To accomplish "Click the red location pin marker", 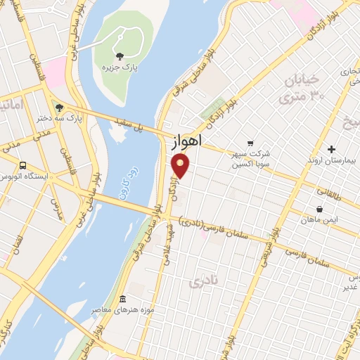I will click(181, 166).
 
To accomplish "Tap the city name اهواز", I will click(186, 141).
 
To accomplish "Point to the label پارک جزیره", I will click(118, 67).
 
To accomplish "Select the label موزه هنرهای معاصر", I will click(122, 309).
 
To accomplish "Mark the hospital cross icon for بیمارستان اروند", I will click(333, 149).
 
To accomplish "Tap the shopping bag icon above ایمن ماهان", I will click(320, 208).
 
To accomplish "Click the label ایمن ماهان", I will click(322, 220).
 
